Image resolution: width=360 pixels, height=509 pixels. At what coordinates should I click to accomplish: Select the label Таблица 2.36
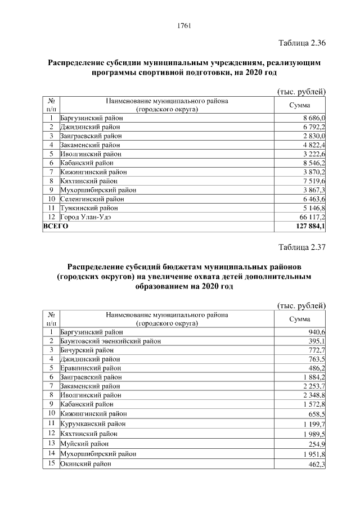point(302,43)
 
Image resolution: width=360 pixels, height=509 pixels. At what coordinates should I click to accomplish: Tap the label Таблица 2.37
point(302,247)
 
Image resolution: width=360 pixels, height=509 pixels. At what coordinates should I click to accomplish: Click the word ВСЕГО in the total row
point(56,226)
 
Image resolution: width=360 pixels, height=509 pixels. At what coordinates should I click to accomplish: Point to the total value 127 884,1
point(308,226)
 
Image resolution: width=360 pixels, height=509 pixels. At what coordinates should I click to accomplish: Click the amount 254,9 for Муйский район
point(317,444)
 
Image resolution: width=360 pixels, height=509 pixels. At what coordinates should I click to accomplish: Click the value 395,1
point(317,341)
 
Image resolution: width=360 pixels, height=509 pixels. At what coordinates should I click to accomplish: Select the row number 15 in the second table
point(51,463)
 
